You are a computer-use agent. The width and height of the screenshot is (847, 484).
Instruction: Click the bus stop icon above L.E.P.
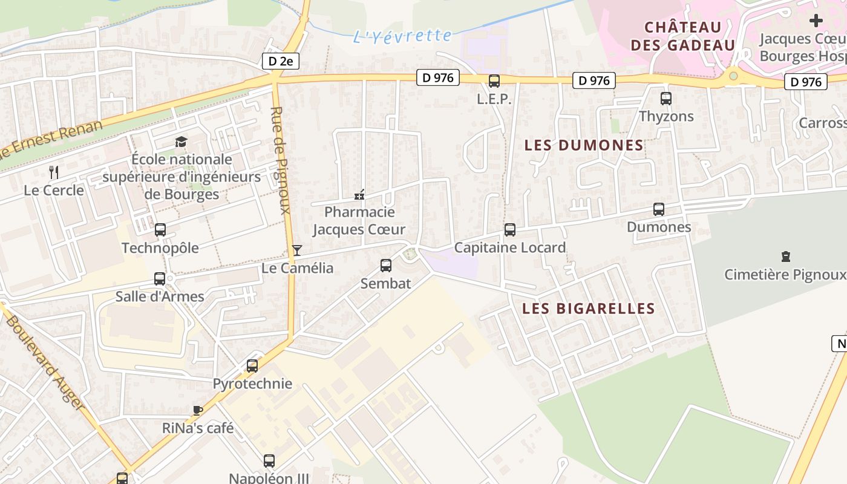click(x=494, y=81)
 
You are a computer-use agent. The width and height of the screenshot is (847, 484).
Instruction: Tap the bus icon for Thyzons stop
click(x=666, y=98)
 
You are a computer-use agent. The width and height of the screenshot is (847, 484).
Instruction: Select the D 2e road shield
click(x=280, y=61)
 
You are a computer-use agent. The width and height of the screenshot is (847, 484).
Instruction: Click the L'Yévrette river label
click(x=402, y=36)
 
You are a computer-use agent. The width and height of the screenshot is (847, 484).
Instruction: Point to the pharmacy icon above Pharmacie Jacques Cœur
click(x=359, y=195)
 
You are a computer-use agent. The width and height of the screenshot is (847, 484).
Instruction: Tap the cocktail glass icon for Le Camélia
click(x=296, y=250)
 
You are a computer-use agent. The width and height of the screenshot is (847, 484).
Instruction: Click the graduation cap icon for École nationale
click(x=181, y=142)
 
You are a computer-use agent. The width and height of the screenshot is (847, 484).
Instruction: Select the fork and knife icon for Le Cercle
click(x=54, y=172)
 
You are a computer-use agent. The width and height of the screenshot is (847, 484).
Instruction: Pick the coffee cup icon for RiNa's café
click(x=197, y=410)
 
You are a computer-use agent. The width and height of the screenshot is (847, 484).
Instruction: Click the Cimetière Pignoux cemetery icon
click(x=786, y=257)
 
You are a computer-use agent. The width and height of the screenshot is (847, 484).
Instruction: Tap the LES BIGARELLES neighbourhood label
click(x=588, y=309)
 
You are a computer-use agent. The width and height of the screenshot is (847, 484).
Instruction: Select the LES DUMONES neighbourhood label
click(x=584, y=145)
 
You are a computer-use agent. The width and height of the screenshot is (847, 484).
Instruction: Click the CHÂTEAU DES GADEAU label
click(x=682, y=36)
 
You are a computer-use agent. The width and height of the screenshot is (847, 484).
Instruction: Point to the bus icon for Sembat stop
click(x=385, y=265)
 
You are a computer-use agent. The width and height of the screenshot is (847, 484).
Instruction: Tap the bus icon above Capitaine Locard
click(x=510, y=230)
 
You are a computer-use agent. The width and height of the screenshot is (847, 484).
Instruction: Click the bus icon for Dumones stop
click(x=659, y=209)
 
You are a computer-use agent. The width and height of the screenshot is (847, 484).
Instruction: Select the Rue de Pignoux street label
click(x=282, y=160)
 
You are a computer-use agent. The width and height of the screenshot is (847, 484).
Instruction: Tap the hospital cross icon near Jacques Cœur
click(x=816, y=21)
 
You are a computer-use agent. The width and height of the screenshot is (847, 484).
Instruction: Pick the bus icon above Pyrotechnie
click(x=252, y=365)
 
